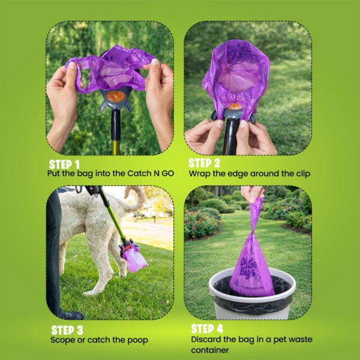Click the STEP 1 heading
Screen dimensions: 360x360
64,164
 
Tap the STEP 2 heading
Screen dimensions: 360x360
205,163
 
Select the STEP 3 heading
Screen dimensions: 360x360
67,330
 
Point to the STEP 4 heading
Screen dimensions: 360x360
207,329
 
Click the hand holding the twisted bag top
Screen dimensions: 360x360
252,193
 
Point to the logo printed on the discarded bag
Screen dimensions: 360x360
248,268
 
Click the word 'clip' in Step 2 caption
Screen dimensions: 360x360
303,174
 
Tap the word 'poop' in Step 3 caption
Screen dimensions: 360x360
138,341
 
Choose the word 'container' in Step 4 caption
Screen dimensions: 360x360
210,350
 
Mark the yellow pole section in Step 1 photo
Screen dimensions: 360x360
115,148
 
